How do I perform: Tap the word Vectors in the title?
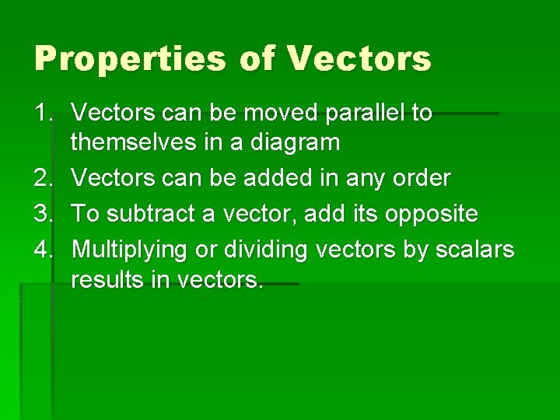[359, 60]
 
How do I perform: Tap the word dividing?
[259, 250]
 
